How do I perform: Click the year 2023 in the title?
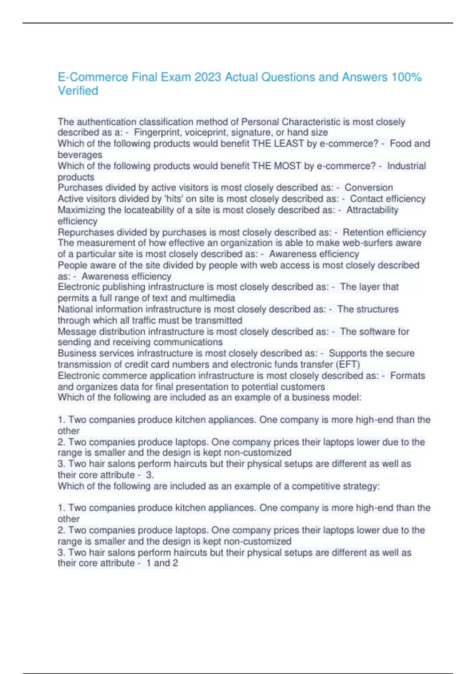click(207, 77)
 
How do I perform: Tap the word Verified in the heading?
click(78, 91)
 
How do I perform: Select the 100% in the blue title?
click(407, 77)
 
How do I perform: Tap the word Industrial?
click(407, 166)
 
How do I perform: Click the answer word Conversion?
click(369, 188)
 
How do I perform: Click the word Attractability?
click(372, 210)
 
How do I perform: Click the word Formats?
click(407, 375)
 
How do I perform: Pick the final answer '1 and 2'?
click(162, 563)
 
